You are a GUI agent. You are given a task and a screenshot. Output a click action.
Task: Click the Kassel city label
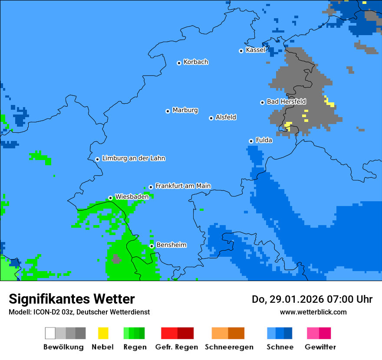(255, 50)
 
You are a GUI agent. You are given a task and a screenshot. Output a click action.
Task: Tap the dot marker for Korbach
(179, 63)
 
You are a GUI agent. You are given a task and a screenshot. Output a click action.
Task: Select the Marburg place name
(185, 110)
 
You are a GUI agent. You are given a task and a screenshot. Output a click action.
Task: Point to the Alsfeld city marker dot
(211, 118)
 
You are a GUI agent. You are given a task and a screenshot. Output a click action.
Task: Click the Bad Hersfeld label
(286, 101)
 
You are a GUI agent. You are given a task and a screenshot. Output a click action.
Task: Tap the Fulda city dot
(251, 141)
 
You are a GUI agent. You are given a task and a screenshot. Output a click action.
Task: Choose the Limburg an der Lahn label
(133, 158)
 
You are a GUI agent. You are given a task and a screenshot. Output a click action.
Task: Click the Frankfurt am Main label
(183, 186)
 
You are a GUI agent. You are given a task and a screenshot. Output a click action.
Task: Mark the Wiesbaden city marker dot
(110, 198)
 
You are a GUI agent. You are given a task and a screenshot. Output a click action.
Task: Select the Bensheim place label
(171, 245)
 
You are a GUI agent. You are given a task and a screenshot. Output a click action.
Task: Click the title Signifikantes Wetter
(72, 299)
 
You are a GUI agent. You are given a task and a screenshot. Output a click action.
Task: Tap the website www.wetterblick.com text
(313, 312)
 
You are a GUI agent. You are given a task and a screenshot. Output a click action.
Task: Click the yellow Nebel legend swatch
(103, 333)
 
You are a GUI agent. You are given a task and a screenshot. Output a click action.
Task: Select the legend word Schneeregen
(229, 347)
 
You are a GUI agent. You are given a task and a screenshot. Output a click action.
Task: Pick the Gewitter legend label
(320, 347)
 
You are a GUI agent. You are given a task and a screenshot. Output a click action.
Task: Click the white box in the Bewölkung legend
(50, 333)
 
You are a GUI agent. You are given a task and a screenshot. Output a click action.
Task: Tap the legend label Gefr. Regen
(177, 347)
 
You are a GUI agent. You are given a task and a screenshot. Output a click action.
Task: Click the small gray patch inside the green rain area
(116, 259)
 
